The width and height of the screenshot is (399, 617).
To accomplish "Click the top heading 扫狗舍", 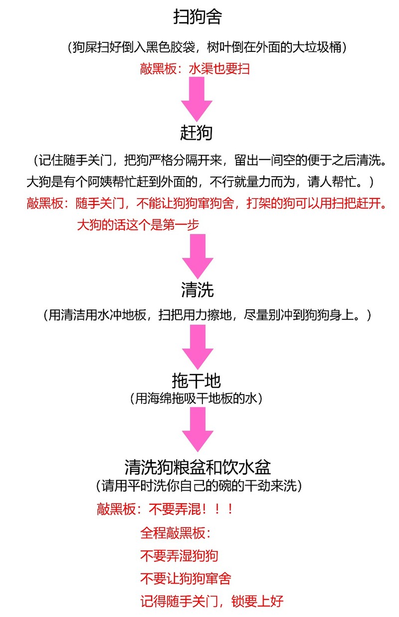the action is [198, 16].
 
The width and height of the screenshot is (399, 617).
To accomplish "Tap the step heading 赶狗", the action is [197, 133].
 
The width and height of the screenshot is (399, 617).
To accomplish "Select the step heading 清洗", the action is [198, 289].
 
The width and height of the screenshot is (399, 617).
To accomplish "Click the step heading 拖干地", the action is [197, 381].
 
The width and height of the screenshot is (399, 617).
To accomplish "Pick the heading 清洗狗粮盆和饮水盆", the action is [198, 467].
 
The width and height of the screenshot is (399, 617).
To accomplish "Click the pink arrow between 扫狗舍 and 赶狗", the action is [197, 99].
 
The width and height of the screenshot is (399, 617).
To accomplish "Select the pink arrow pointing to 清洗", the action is [198, 256].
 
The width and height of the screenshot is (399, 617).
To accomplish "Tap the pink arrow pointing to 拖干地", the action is [198, 347].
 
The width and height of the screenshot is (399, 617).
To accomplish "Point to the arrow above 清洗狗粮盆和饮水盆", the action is [198, 429].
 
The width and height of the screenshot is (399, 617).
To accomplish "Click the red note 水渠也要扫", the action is [219, 69].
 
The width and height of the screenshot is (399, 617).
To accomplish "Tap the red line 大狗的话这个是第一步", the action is [138, 225].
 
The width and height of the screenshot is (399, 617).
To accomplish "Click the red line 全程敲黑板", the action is [176, 533].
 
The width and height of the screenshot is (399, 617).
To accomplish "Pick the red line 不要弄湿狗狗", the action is [179, 556].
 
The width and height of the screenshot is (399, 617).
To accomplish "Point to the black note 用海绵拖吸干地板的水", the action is [196, 399].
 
